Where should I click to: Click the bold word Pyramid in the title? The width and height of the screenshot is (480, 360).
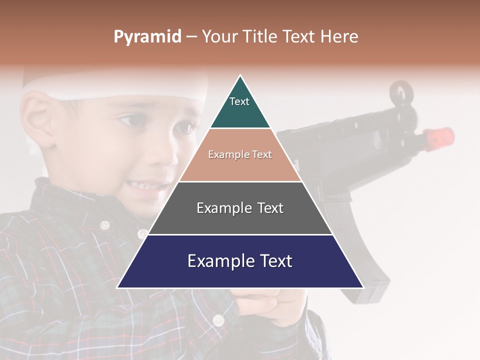click(147, 37)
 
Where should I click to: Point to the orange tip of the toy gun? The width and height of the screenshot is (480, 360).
click(439, 136)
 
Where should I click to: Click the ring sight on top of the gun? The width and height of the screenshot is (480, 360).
click(400, 92)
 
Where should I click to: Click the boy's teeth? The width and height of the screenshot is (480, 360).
click(145, 186)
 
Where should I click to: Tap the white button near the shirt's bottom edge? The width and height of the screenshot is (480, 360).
click(218, 319)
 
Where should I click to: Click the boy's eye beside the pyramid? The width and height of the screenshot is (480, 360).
click(131, 121)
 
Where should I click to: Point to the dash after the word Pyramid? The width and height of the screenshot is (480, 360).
click(191, 37)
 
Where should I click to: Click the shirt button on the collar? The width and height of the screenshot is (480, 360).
click(104, 225)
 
